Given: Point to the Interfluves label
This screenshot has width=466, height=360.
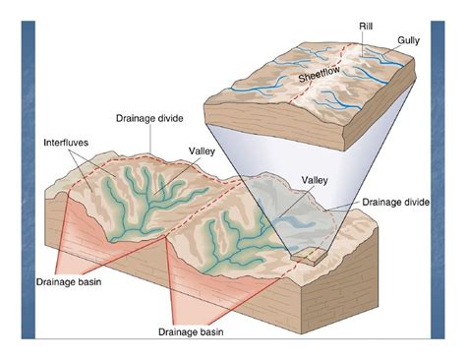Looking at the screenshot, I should (x=66, y=144).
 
